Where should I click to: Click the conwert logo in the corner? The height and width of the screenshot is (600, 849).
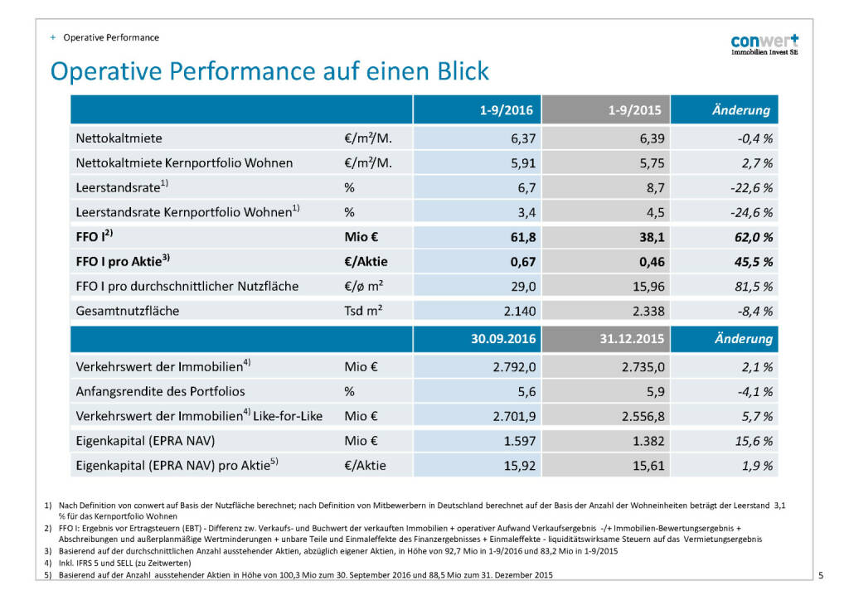pyautogui.click(x=764, y=44)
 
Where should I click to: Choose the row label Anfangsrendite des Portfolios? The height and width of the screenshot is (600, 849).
pyautogui.click(x=160, y=391)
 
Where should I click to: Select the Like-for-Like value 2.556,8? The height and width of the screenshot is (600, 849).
pyautogui.click(x=640, y=416)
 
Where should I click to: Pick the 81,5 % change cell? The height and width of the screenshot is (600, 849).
pyautogui.click(x=750, y=286)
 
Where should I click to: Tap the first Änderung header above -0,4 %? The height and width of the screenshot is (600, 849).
pyautogui.click(x=740, y=109)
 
